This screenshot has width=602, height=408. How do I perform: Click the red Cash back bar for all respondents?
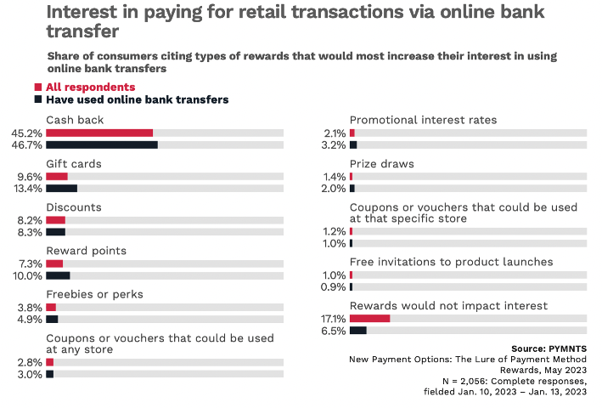[x=99, y=133]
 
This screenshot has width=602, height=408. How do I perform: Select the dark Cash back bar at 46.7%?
[x=101, y=145]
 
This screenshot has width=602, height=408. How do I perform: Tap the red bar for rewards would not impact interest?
[x=369, y=318]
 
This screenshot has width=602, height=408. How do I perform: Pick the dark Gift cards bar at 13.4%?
[x=61, y=189]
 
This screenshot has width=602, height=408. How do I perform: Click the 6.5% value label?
[x=332, y=331]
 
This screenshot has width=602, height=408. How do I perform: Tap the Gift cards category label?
[x=74, y=163]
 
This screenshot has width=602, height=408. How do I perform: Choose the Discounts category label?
[x=74, y=207]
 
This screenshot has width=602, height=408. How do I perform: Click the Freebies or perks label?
[x=94, y=294]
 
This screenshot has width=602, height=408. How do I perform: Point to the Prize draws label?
[x=381, y=163]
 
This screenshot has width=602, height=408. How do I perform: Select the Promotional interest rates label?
[x=423, y=120]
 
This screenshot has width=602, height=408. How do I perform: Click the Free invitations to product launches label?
[x=451, y=262]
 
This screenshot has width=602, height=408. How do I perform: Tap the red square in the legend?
[x=38, y=87]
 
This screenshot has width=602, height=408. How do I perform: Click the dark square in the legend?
[x=38, y=99]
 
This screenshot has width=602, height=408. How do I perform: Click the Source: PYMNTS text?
[x=549, y=348]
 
